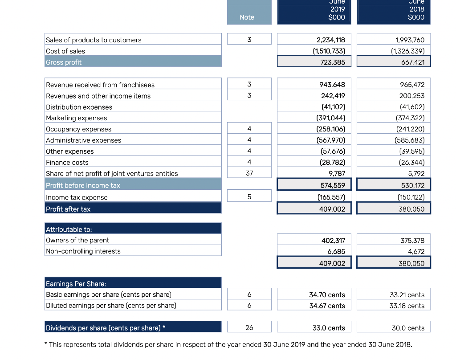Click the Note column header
pyautogui.click(x=247, y=17)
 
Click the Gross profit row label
pyautogui.click(x=64, y=62)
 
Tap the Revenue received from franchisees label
pyautogui.click(x=100, y=85)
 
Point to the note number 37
pyautogui.click(x=249, y=173)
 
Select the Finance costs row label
pyautogui.click(x=67, y=163)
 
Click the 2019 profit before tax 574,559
pyautogui.click(x=333, y=185)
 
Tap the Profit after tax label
pyautogui.click(x=68, y=209)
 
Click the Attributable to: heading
pyautogui.click(x=69, y=229)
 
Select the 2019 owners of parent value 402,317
pyautogui.click(x=333, y=241)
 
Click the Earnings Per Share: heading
pyautogui.click(x=76, y=284)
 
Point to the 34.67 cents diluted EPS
pyautogui.click(x=327, y=306)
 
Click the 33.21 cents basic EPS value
pyautogui.click(x=407, y=295)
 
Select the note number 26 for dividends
pyautogui.click(x=249, y=327)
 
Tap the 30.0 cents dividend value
pyautogui.click(x=408, y=328)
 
